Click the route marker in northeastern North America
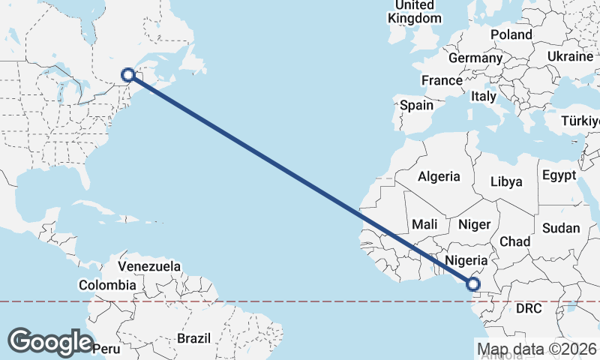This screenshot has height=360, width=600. click(128, 74)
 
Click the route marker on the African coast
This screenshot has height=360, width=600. click(473, 283)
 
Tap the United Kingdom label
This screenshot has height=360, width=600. click(414, 11)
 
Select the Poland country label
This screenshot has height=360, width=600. click(511, 34)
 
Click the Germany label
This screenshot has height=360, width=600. click(475, 58)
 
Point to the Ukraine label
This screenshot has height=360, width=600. click(569, 56)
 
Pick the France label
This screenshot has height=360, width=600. click(442, 80)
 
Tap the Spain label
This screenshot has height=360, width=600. click(416, 105)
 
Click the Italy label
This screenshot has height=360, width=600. click(483, 96)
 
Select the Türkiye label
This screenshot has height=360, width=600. click(581, 121)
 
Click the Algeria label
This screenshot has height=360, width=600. click(439, 176)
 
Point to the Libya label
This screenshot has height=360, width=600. click(506, 181)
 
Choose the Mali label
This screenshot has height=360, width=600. click(424, 223)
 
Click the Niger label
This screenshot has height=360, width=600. click(474, 223)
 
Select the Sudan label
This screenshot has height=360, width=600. click(562, 227)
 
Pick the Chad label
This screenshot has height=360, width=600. click(515, 241)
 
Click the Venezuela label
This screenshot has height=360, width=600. click(149, 266)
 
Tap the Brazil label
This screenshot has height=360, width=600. click(194, 338)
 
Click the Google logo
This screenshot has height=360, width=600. click(50, 341)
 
